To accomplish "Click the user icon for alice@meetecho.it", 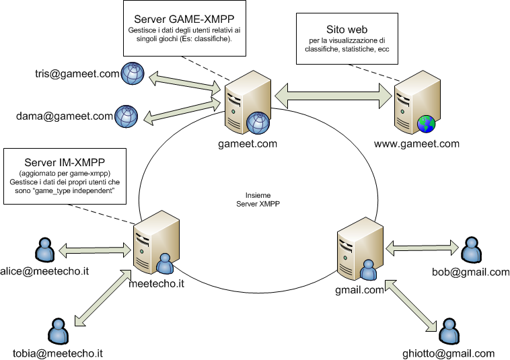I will click(x=44, y=250).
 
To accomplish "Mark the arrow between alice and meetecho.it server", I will click(x=94, y=250).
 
